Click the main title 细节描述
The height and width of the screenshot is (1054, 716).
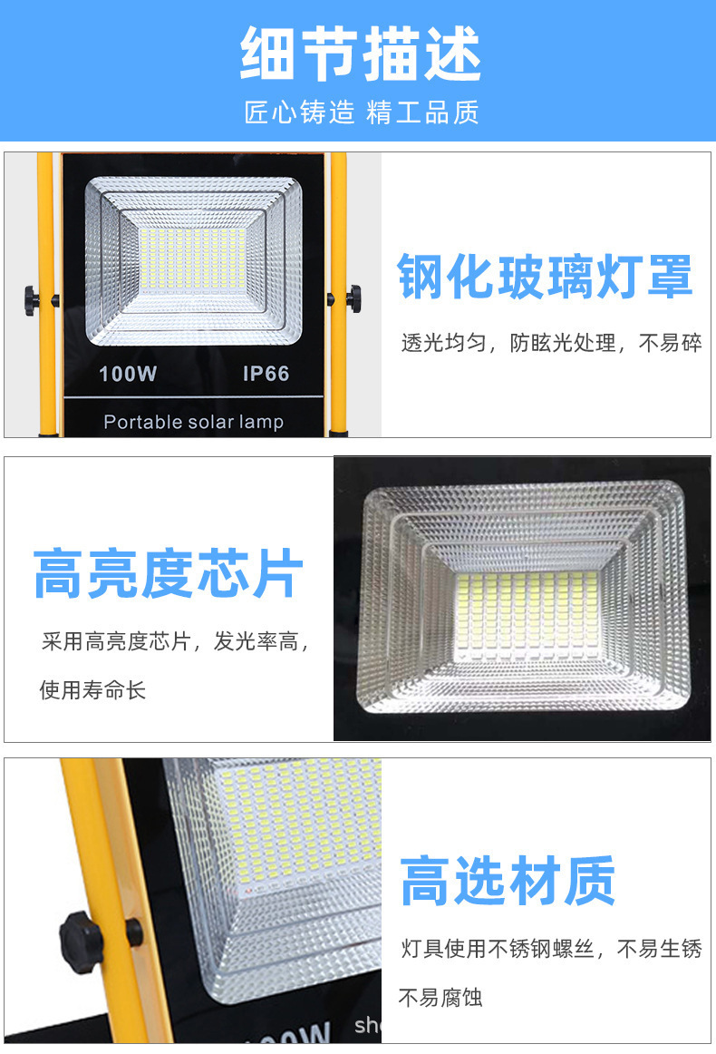(x=361, y=54)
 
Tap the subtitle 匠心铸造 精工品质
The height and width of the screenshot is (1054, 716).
(x=362, y=112)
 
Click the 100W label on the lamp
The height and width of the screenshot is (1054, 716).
(x=128, y=374)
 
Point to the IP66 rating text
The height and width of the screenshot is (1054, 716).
(x=266, y=374)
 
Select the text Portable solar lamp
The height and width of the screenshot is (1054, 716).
(x=193, y=422)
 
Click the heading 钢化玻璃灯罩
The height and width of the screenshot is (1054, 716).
(x=545, y=277)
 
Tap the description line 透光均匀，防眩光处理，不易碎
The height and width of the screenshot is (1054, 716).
(x=551, y=343)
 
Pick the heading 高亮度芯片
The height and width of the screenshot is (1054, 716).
(x=169, y=573)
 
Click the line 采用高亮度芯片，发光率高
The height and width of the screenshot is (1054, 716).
(x=175, y=641)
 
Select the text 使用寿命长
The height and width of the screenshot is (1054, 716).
(x=92, y=689)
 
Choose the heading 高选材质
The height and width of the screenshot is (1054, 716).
(x=508, y=881)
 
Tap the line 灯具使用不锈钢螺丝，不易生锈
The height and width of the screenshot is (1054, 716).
(x=551, y=949)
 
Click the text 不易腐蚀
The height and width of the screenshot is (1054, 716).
(x=440, y=997)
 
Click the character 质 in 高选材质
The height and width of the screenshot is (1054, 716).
(x=590, y=881)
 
